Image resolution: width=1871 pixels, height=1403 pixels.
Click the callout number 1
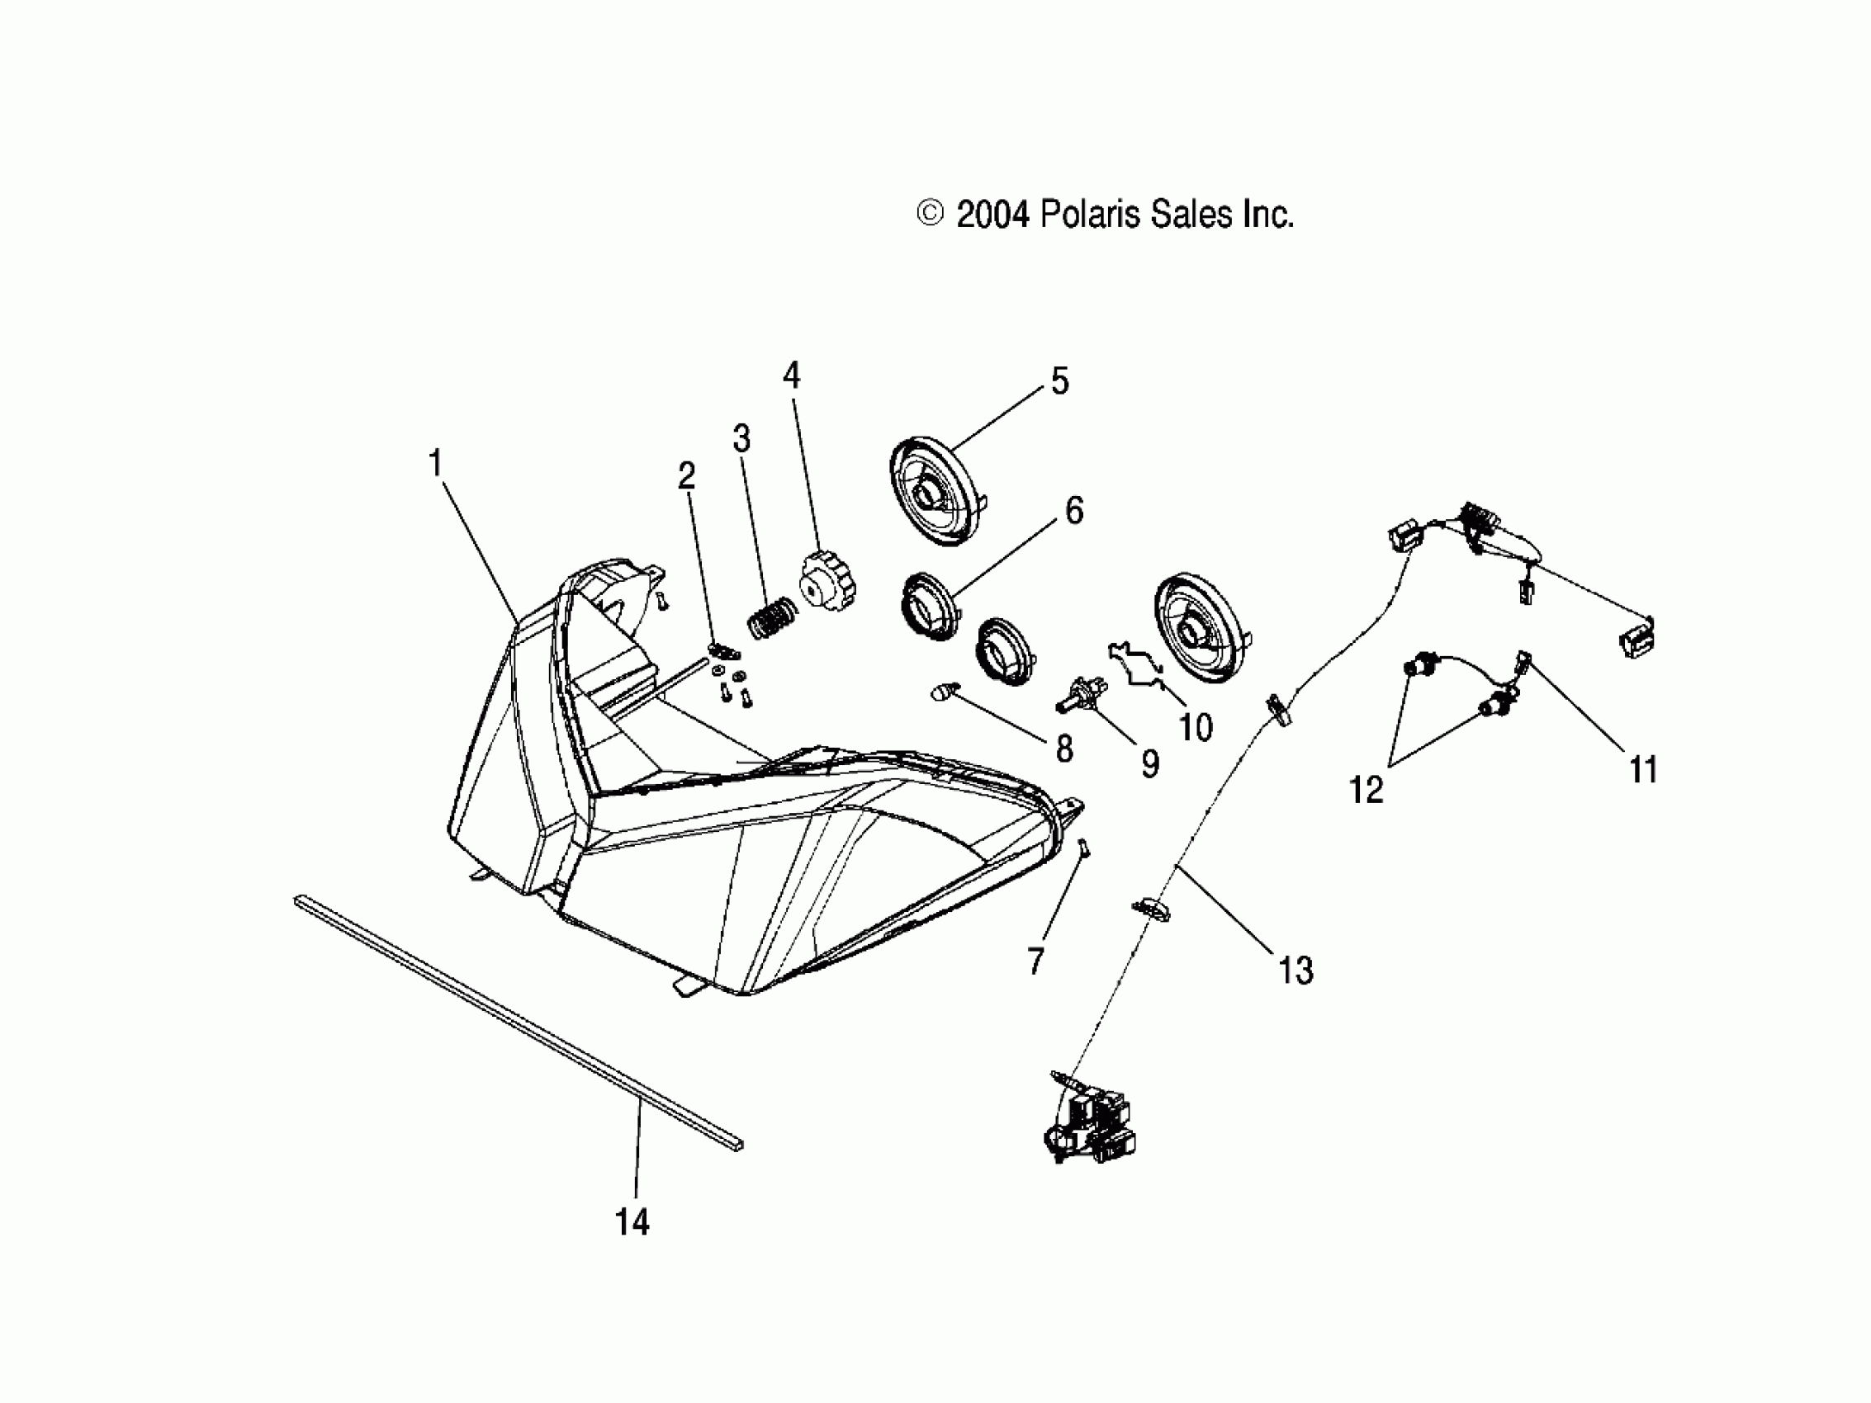point(436,464)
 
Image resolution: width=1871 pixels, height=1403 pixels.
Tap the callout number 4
point(791,375)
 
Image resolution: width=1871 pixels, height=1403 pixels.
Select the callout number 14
point(632,1222)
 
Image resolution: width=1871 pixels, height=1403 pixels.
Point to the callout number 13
point(1295,971)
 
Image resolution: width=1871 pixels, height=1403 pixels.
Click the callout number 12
point(1365,790)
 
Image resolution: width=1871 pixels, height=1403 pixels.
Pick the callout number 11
point(1642,771)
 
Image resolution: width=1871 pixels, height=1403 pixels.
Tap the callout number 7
point(1035,961)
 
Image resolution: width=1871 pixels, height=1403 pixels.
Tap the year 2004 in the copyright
point(992,215)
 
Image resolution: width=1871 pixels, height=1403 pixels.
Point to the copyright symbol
point(930,214)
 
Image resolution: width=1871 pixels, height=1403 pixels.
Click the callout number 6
point(1073,510)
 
